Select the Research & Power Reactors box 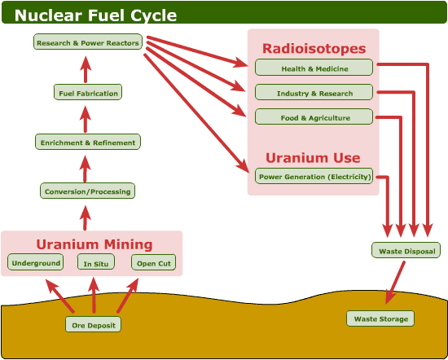(88, 42)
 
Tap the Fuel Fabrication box (88, 93)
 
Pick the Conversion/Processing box (87, 191)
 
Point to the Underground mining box (35, 262)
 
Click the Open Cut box (153, 262)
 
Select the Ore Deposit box (93, 324)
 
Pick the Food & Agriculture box (314, 117)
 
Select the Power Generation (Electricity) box (314, 176)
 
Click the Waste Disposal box (406, 250)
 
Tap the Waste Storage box (380, 318)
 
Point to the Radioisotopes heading (314, 48)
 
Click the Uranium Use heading (314, 157)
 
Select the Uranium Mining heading (94, 244)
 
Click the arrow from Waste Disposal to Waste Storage (393, 282)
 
